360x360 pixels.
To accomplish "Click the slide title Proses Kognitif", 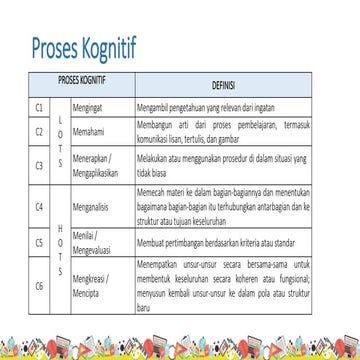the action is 84,46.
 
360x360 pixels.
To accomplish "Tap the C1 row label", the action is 39,105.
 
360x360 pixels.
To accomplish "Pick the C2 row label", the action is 39,130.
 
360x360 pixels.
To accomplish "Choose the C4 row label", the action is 39,208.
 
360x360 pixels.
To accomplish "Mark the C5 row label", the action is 39,242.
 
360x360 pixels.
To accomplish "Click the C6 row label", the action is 39,285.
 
